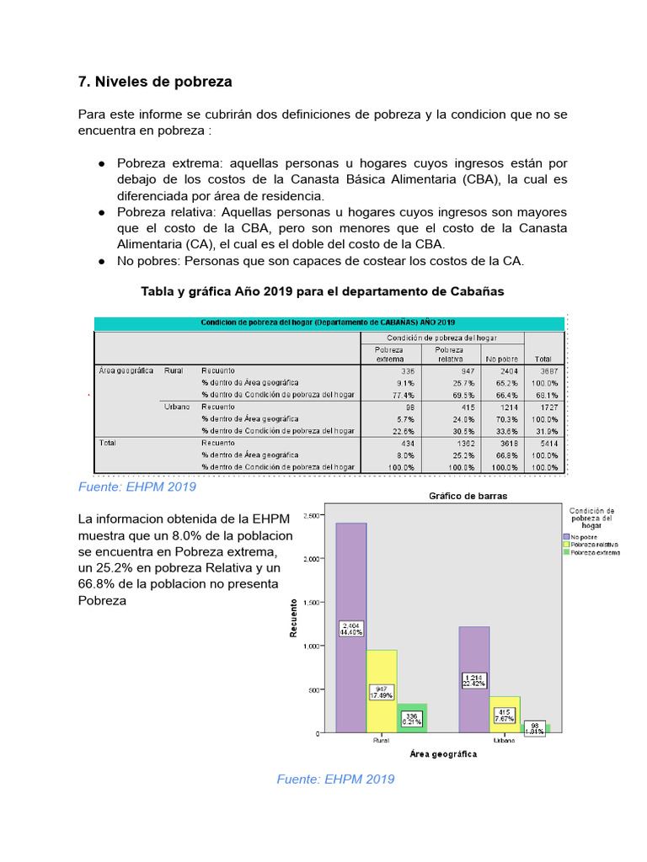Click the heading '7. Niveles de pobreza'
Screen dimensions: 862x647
click(154, 82)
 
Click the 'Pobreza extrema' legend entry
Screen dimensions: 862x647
click(595, 553)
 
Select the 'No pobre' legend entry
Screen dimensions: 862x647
click(585, 536)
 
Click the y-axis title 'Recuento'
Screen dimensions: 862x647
click(294, 617)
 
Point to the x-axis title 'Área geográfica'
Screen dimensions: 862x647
click(443, 753)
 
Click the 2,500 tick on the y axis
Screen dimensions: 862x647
click(311, 515)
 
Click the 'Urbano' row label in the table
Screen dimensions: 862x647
click(178, 407)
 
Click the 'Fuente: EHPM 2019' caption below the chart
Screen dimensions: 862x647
click(335, 780)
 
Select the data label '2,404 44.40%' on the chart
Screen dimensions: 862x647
click(351, 629)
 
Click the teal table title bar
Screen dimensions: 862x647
click(329, 322)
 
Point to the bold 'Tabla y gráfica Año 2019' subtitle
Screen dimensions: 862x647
click(322, 291)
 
